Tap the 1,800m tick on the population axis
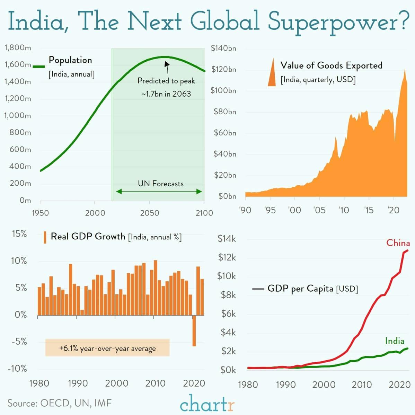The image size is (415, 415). click(x=18, y=47)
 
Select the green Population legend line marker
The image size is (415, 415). click(x=39, y=66)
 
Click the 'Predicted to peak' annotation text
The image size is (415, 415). click(x=166, y=81)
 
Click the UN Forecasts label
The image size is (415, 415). click(x=161, y=184)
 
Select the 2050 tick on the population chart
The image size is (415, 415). click(x=149, y=213)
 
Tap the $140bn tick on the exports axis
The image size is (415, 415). click(x=223, y=48)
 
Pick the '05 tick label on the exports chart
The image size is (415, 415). click(x=319, y=210)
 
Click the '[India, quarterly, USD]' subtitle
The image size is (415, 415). click(x=318, y=80)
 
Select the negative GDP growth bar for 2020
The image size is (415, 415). click(x=194, y=330)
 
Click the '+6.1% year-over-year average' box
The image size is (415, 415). click(x=107, y=348)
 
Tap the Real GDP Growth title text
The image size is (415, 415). click(x=88, y=237)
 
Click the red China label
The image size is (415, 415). click(x=398, y=243)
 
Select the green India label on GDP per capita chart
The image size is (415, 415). click(x=395, y=341)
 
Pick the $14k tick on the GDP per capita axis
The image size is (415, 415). click(x=227, y=239)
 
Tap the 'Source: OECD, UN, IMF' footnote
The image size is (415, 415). click(x=60, y=403)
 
